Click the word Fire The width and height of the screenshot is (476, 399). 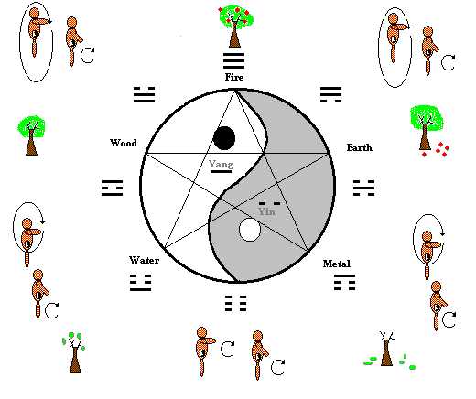coord(234,77)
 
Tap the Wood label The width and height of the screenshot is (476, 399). coord(124,143)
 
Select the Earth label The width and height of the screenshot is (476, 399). coord(360,147)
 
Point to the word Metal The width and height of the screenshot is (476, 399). coord(337,264)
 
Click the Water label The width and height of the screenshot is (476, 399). coord(144,260)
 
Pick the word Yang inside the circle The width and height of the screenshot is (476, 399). coord(222,164)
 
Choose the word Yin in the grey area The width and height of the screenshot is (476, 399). coord(266,211)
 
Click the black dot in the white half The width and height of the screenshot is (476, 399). coord(224,138)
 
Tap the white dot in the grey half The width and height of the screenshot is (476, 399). coord(250,230)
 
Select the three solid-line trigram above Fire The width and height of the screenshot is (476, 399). coord(234,61)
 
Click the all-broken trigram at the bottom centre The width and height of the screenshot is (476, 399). coord(235,303)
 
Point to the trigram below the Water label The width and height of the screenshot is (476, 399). coord(141,283)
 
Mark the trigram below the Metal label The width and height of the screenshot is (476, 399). coord(344,283)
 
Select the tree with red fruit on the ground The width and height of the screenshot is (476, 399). coord(428,131)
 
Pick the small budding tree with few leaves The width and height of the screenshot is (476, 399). coord(74,352)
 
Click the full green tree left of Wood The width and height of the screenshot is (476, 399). coord(31,135)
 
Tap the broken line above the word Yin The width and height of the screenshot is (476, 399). coord(269,203)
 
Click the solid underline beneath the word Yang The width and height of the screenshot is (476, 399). coord(221,172)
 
